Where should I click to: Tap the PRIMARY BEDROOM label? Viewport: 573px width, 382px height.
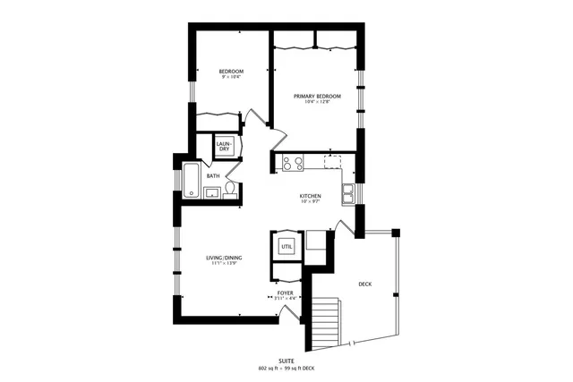(317, 95)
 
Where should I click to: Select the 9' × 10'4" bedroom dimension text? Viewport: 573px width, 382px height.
(231, 78)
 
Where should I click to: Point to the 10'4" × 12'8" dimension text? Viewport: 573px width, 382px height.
(317, 101)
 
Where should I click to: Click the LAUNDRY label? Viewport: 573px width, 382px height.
(224, 146)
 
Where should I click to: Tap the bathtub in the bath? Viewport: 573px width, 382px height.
(192, 180)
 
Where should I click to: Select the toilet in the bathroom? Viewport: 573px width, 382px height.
(231, 189)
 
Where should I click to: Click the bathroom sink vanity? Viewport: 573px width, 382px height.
(212, 191)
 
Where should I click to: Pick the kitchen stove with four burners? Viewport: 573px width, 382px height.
(293, 162)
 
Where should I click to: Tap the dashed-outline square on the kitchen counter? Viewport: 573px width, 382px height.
(333, 161)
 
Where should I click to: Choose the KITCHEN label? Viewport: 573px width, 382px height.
(310, 195)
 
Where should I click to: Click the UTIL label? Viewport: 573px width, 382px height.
(286, 245)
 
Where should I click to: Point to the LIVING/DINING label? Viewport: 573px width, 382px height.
(224, 258)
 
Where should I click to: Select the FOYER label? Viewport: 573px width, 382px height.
(285, 292)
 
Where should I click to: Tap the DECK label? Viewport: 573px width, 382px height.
(364, 284)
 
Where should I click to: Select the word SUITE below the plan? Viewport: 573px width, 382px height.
(286, 361)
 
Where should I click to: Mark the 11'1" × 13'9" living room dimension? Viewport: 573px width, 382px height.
(224, 264)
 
